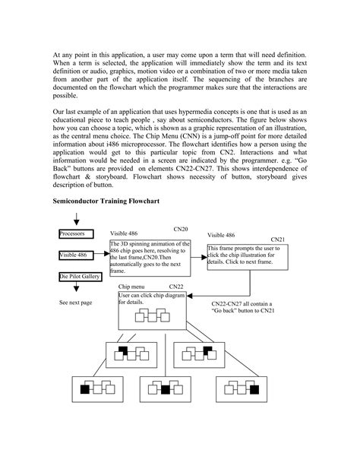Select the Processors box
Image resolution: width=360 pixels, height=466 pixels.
pyautogui.click(x=77, y=233)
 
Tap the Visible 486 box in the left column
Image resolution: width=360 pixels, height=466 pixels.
pyautogui.click(x=77, y=256)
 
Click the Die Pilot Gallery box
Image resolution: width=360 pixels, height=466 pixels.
pyautogui.click(x=81, y=278)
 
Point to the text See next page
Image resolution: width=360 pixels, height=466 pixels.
pyautogui.click(x=75, y=302)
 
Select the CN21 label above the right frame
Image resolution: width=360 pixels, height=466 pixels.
pyautogui.click(x=277, y=239)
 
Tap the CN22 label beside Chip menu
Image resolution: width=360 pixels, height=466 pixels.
pyautogui.click(x=177, y=287)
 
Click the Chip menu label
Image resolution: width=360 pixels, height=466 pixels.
pyautogui.click(x=132, y=287)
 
